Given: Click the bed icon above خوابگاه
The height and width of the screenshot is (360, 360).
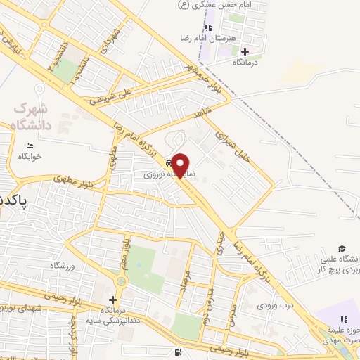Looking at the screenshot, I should click(x=29, y=146).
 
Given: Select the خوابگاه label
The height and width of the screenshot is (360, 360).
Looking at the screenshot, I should click(x=29, y=155).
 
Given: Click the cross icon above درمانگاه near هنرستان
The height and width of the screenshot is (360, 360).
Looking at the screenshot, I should click(x=245, y=51).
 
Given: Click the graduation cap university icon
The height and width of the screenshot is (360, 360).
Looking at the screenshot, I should click(x=342, y=249).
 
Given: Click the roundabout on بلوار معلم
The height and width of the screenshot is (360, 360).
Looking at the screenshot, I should click(x=121, y=282).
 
